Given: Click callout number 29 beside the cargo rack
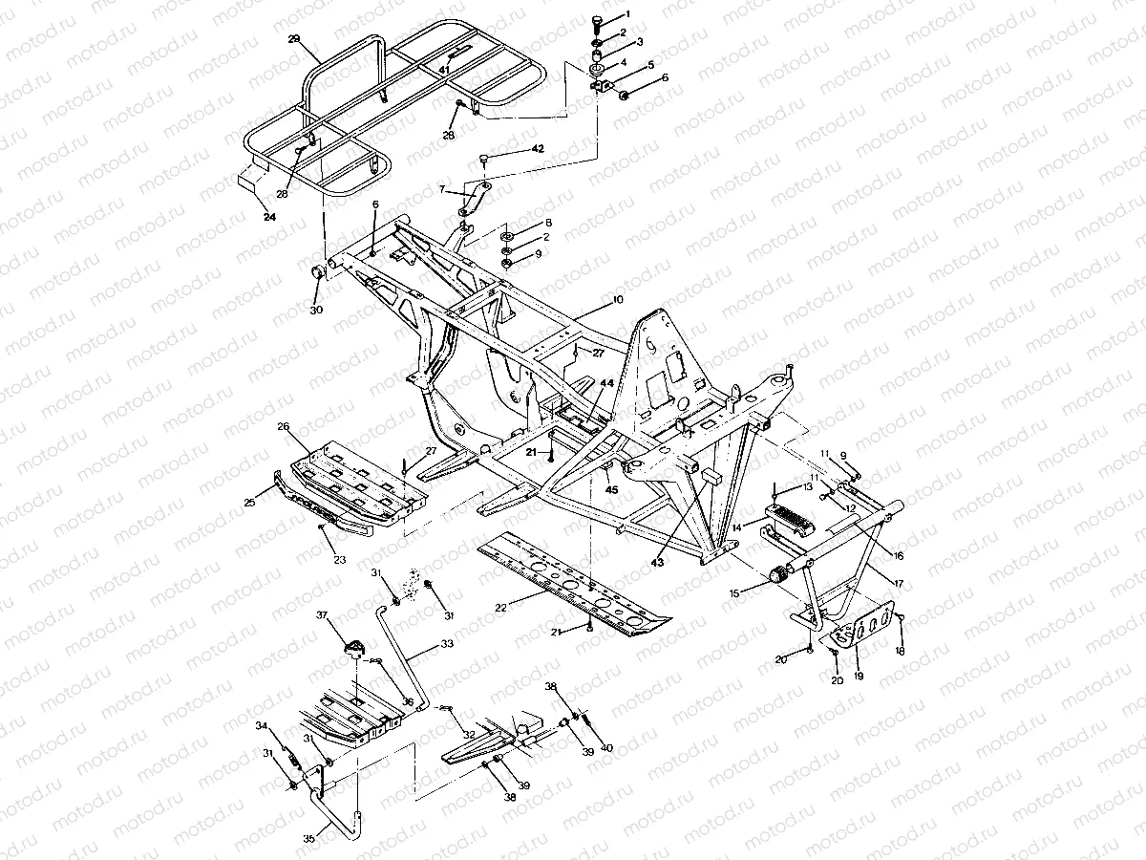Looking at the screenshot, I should point(294,38).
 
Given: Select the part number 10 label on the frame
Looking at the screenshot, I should point(618,300).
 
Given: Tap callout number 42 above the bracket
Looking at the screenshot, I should point(538,150).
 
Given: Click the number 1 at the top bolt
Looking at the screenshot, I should point(627,14).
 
